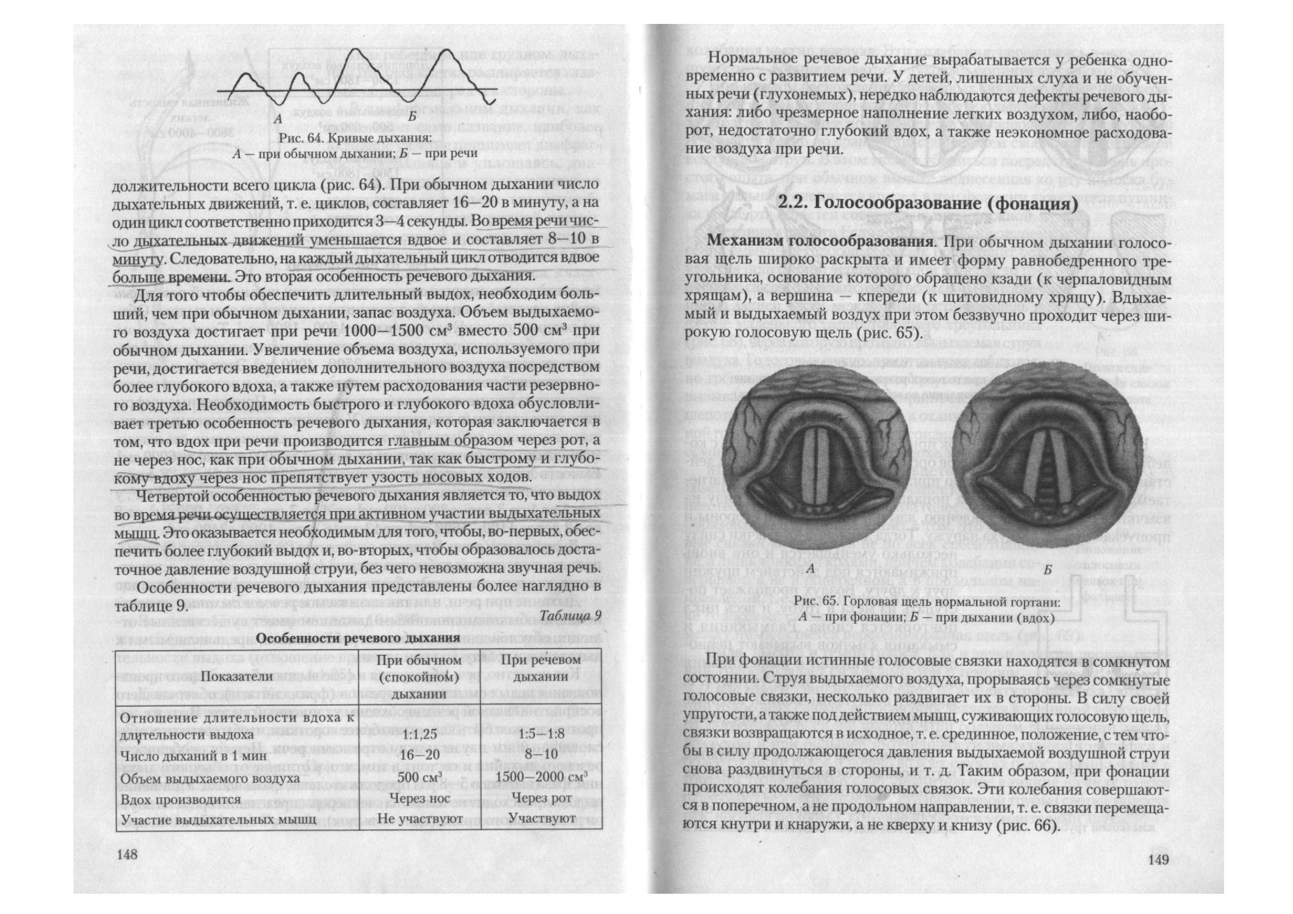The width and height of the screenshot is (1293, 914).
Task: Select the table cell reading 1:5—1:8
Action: pyautogui.click(x=541, y=735)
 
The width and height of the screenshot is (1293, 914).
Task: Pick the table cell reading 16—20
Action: pyautogui.click(x=417, y=755)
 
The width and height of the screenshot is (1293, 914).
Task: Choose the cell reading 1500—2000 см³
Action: pyautogui.click(x=541, y=776)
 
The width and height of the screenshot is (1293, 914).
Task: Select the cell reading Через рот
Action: pyautogui.click(x=541, y=798)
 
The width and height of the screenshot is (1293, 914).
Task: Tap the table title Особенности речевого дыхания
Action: pyautogui.click(x=358, y=638)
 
